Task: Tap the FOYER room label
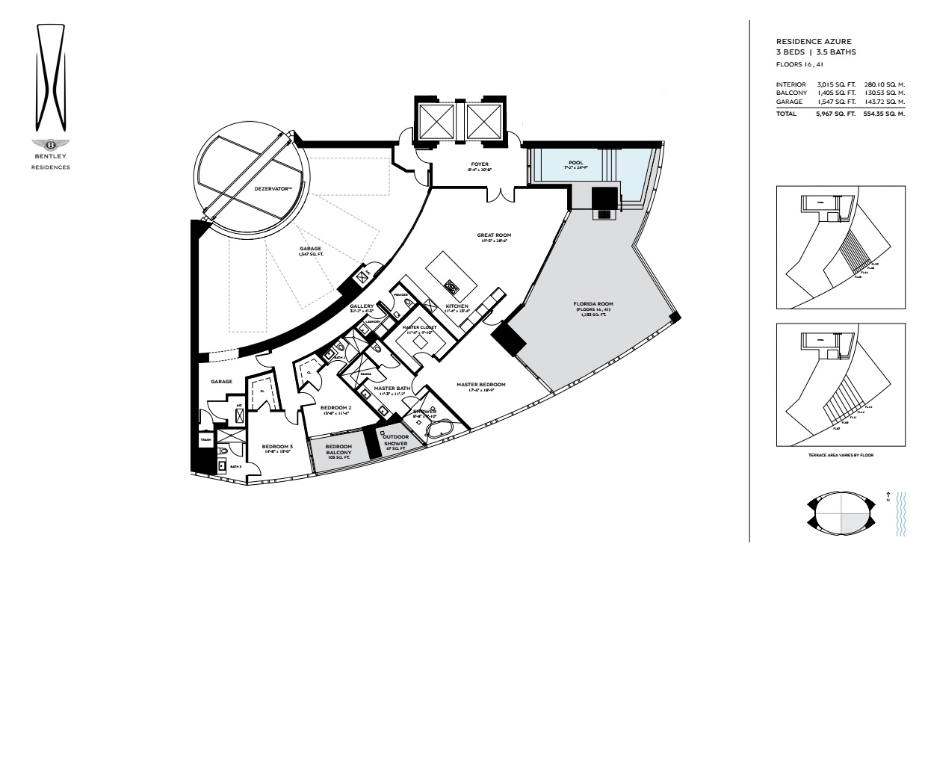click(x=479, y=164)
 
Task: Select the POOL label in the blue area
click(x=575, y=162)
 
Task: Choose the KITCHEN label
click(x=457, y=306)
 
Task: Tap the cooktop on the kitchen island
click(x=451, y=285)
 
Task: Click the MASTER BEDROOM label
click(x=481, y=385)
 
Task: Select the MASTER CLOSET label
click(x=419, y=327)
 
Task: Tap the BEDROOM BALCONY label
click(x=338, y=450)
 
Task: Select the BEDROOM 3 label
click(x=277, y=447)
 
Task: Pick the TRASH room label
click(x=205, y=440)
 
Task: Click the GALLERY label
click(x=362, y=306)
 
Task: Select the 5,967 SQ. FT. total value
click(x=835, y=114)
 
